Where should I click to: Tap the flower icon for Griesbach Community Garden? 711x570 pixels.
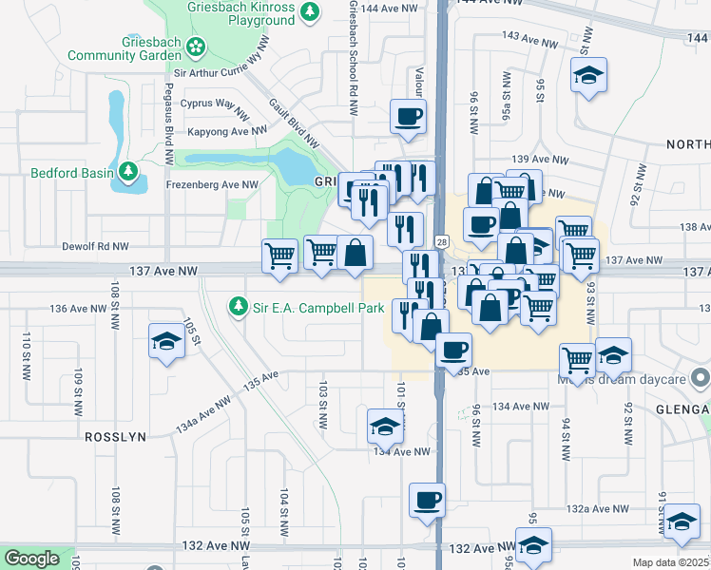coord(196,46)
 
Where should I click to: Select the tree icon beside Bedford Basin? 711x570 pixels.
coord(128,172)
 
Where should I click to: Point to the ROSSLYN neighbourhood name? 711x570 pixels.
coord(115,436)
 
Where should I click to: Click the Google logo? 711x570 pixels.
coord(32,558)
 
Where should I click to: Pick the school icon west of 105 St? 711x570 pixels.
coord(166,341)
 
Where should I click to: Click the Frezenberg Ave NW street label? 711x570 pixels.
coord(212,184)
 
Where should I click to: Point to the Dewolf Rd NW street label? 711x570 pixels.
coord(95,245)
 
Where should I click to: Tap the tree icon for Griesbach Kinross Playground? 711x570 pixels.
coord(309,11)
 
